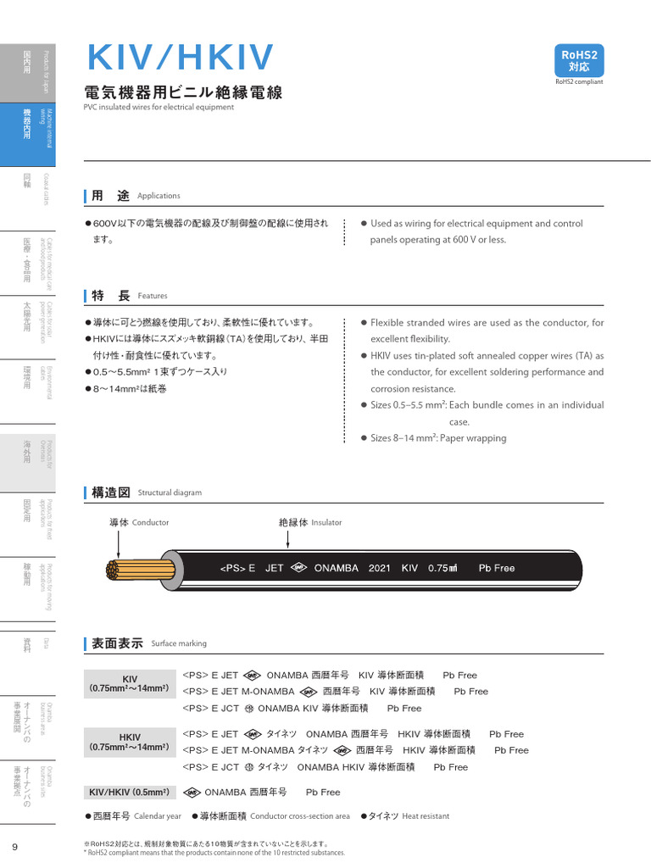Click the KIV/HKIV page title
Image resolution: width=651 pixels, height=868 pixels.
click(181, 58)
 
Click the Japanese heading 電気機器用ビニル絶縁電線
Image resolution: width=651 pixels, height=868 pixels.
click(183, 92)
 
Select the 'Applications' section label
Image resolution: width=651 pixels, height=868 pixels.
click(159, 196)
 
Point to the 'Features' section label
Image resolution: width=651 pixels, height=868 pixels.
click(153, 296)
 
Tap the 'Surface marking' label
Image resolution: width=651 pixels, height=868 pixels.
click(179, 643)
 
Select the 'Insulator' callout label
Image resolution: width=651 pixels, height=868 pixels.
click(326, 523)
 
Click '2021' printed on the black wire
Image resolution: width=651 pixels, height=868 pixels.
click(380, 568)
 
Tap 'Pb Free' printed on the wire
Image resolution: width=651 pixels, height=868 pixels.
click(497, 568)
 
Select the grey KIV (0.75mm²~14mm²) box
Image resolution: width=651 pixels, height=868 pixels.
click(130, 684)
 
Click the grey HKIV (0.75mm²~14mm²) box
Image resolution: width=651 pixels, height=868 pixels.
click(130, 742)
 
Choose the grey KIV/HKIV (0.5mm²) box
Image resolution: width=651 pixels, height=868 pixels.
click(130, 792)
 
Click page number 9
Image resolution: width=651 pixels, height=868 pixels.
click(14, 847)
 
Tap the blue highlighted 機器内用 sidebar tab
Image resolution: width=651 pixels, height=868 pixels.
click(28, 135)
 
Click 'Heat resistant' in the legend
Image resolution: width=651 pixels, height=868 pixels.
click(426, 816)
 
